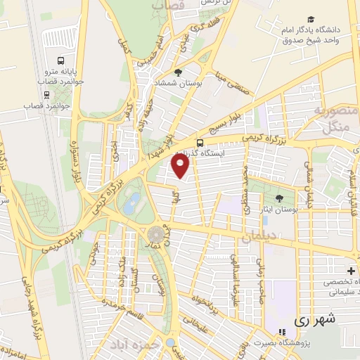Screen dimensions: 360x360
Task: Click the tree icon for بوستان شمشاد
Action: click(x=179, y=72)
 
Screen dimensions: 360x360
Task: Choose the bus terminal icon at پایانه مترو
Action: click(x=60, y=60)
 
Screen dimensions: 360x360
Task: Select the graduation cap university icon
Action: click(x=310, y=20)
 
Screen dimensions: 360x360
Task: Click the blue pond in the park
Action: click(x=131, y=205)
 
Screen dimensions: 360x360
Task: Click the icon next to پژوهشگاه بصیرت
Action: click(x=282, y=332)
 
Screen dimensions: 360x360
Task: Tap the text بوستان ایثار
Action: click(x=280, y=191)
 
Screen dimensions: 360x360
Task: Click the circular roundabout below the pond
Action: click(x=157, y=231)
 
